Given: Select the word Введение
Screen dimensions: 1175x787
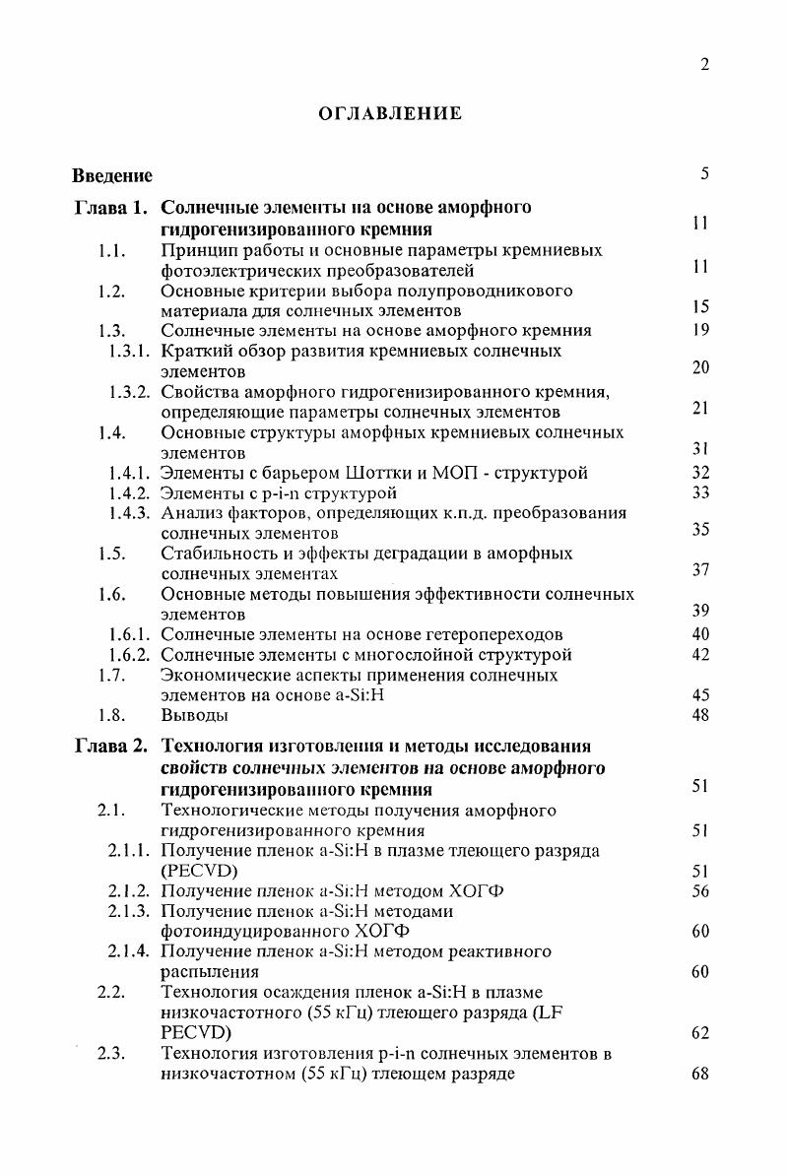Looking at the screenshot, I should (112, 176).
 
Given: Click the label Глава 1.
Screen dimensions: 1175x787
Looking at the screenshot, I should (111, 208).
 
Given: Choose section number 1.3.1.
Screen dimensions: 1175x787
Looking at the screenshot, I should (129, 351).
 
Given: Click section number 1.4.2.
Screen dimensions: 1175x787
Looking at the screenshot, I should (129, 492).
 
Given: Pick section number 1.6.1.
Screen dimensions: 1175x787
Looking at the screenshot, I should (129, 634).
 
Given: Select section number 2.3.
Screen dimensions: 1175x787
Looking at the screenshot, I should (110, 1054).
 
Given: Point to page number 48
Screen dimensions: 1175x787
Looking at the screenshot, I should (701, 715).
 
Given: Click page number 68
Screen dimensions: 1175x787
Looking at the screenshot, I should (701, 1075).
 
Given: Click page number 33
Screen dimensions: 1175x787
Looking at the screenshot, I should (701, 492).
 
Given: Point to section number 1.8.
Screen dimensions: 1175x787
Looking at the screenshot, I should (110, 715).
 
